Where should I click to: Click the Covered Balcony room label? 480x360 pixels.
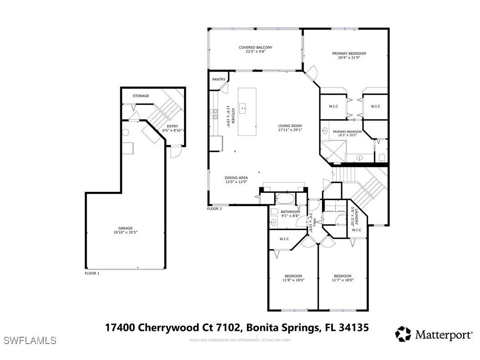[255, 47]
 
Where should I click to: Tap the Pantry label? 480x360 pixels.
[219, 79]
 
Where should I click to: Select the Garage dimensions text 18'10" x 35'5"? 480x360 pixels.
[126, 232]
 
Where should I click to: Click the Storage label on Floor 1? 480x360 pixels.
[141, 96]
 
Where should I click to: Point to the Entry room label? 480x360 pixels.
[173, 127]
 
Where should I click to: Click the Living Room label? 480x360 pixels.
[290, 126]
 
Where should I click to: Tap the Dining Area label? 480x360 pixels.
[236, 178]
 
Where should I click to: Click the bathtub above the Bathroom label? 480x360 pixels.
[285, 199]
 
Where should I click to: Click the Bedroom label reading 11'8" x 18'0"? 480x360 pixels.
[293, 276]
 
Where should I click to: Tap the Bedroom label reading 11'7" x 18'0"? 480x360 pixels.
[342, 276]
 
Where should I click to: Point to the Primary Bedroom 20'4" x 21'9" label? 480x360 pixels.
[348, 54]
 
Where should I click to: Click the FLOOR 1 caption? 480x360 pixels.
[92, 273]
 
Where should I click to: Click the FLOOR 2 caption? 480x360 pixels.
[214, 209]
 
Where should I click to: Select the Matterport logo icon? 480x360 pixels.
[403, 334]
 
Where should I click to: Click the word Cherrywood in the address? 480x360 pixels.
[166, 327]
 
